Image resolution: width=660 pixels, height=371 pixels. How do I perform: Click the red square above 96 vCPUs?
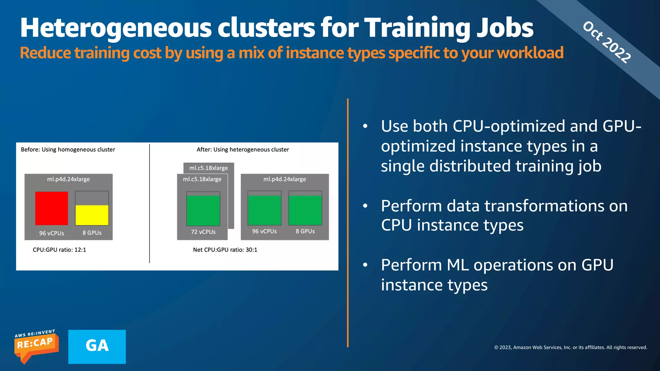[x=52, y=208]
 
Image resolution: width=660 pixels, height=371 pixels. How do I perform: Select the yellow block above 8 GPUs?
[x=92, y=215]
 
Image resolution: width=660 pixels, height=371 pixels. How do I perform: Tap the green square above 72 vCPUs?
[x=203, y=210]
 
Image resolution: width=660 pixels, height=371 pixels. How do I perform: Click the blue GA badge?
[x=97, y=347]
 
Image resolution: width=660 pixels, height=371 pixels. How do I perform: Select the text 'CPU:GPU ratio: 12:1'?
[x=59, y=250]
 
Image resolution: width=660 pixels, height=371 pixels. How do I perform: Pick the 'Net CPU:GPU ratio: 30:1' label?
[x=225, y=250]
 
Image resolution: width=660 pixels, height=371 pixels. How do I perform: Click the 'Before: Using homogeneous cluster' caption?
[x=68, y=149]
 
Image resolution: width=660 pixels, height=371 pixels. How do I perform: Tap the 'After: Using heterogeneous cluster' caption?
[x=243, y=149]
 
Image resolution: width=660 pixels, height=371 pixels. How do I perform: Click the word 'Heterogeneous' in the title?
[x=116, y=28]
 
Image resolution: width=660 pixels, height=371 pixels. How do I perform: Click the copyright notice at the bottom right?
[x=570, y=347]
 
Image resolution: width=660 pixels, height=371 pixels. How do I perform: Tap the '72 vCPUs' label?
[x=203, y=232]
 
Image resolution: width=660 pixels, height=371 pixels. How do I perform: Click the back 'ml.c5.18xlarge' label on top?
[x=209, y=168]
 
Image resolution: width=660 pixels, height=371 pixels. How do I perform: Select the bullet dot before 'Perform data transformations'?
[x=365, y=206]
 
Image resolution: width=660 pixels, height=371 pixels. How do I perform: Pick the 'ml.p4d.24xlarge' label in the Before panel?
[x=68, y=179]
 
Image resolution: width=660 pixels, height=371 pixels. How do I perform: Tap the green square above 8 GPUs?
[x=305, y=210]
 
